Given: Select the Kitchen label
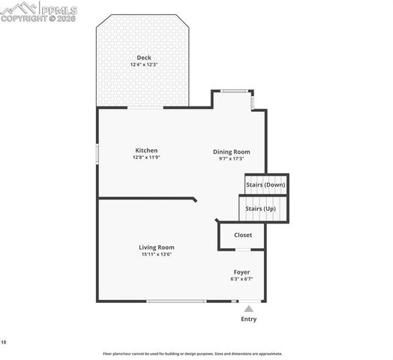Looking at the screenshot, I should click(x=146, y=150).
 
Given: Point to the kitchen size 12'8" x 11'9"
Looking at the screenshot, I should click(x=146, y=157).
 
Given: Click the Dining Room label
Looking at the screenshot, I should click(x=232, y=151).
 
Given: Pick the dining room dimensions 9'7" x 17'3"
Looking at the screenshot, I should click(x=232, y=158).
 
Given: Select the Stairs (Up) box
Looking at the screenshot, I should click(x=263, y=208).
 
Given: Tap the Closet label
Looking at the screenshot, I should click(x=243, y=235).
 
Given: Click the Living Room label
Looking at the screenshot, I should click(x=157, y=247).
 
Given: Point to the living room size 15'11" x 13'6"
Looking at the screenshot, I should click(x=157, y=254).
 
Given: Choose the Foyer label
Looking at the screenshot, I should click(x=241, y=271).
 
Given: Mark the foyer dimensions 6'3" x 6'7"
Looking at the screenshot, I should click(x=241, y=279).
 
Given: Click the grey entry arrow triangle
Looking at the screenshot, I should click(x=248, y=307).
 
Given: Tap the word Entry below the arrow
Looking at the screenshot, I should click(x=248, y=319).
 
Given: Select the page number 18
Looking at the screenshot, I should click(x=4, y=342).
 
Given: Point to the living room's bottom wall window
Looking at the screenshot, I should click(x=176, y=301).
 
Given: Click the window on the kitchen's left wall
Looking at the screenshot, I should click(x=97, y=152).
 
